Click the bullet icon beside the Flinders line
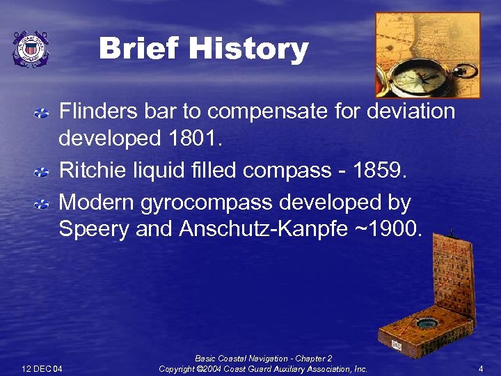[x=42, y=111]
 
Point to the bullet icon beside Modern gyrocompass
[x=42, y=203]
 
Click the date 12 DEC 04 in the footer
[x=42, y=368]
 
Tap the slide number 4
[x=481, y=368]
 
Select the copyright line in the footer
[x=263, y=368]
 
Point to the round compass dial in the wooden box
[x=427, y=322]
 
